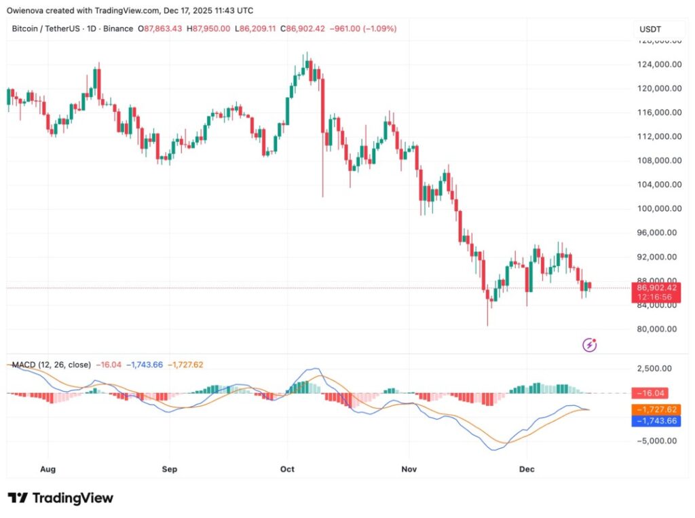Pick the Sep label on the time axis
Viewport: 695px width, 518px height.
click(x=170, y=469)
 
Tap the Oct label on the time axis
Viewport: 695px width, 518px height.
click(x=288, y=469)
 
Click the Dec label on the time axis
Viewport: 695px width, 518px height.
click(x=527, y=469)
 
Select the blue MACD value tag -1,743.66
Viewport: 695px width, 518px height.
click(x=656, y=421)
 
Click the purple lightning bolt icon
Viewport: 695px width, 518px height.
click(x=590, y=346)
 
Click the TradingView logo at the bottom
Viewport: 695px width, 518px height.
click(x=60, y=498)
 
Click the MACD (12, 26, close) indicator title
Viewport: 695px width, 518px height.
click(x=52, y=365)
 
